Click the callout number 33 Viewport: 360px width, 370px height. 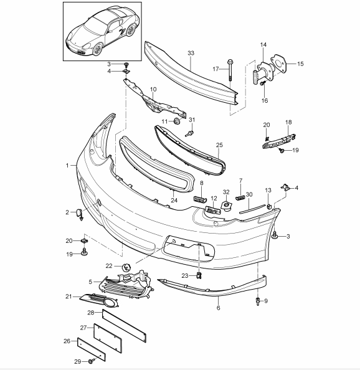click(191, 53)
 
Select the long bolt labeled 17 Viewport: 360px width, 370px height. click(230, 70)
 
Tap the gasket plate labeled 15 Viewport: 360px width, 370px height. click(278, 64)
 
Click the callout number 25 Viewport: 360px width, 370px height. click(219, 145)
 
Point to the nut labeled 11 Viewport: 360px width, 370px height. click(177, 121)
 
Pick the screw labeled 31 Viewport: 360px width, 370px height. click(190, 133)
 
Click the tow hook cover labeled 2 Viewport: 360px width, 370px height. click(80, 214)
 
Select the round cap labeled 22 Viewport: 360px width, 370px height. click(126, 268)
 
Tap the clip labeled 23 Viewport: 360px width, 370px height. click(199, 275)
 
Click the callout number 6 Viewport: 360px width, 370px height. click(218, 308)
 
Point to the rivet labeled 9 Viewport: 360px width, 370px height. click(258, 301)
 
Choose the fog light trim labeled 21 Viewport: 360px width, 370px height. click(99, 300)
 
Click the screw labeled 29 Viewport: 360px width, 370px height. click(92, 361)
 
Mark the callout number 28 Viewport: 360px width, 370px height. click(90, 313)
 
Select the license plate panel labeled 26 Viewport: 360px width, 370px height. click(92, 349)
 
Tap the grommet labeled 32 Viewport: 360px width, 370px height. click(226, 206)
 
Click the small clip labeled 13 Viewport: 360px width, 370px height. click(268, 207)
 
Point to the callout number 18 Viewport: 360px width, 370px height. click(288, 122)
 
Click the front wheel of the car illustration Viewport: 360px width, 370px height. click(98, 49)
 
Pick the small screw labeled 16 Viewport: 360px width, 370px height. click(263, 83)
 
